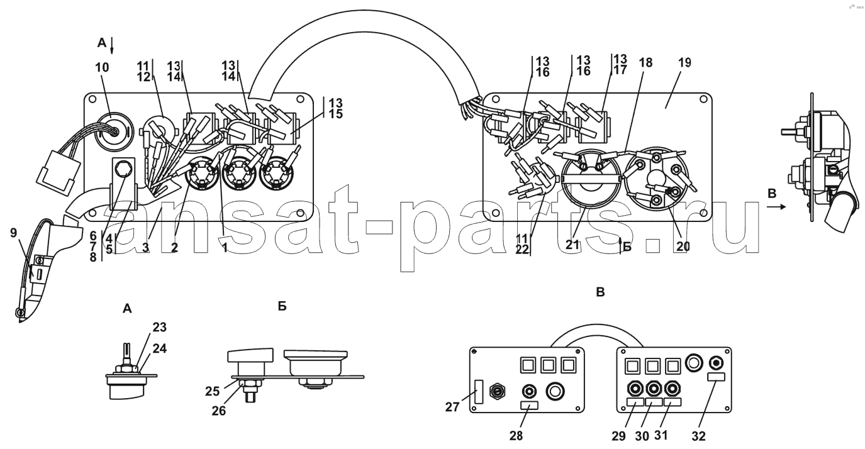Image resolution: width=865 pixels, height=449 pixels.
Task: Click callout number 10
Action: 102,67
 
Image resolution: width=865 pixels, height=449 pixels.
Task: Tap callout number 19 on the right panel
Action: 684,62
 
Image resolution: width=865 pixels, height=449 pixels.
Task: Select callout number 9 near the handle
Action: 13,233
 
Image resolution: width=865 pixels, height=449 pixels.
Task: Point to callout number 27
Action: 452,407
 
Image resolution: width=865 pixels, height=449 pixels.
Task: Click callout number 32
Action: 698,436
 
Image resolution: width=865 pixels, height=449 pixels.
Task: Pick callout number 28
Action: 516,436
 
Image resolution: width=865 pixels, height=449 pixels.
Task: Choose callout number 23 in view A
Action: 159,328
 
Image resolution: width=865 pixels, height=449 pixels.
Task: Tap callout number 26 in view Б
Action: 218,411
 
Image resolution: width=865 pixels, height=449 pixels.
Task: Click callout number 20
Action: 683,247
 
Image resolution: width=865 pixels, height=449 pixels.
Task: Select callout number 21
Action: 572,245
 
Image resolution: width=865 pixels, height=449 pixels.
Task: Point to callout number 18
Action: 645,62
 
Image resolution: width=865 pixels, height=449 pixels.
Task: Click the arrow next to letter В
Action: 776,207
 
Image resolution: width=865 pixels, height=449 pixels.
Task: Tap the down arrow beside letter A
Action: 111,45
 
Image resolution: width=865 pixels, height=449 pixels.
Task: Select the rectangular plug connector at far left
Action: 58,172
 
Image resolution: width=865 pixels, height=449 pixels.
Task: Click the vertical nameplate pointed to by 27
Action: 479,392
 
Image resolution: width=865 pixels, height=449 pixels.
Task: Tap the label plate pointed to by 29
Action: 635,402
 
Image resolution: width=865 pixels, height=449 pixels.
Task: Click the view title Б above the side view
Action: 282,306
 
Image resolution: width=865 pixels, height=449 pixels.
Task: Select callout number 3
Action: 145,248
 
